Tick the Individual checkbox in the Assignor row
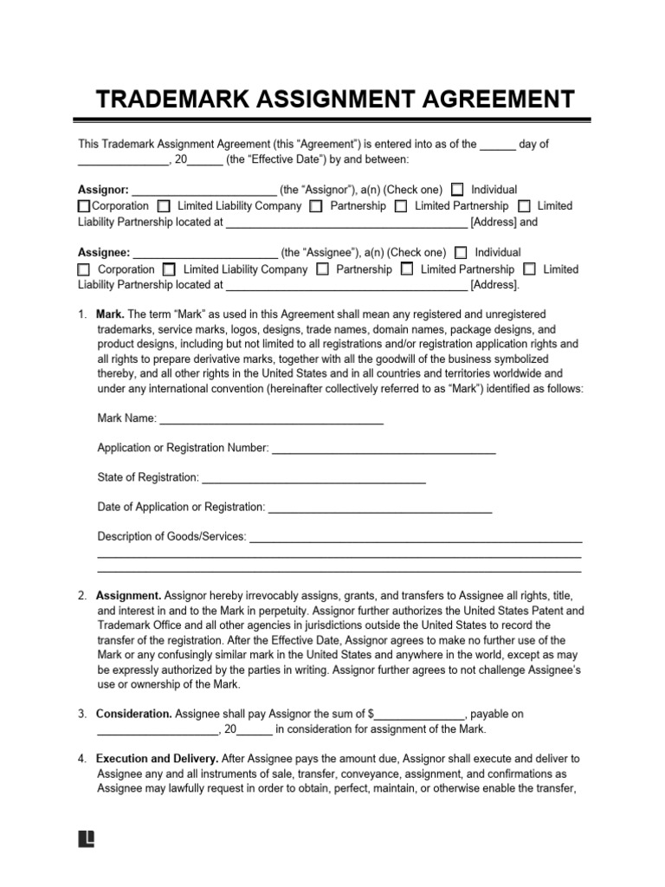pos(457,190)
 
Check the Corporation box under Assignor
pos(84,206)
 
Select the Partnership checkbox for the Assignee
pos(322,269)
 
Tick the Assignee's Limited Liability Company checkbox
pos(170,269)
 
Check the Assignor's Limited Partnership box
pos(401,206)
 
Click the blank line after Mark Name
pos(272,420)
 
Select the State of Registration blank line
pos(313,479)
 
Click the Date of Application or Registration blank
pos(380,508)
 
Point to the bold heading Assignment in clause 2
pos(128,596)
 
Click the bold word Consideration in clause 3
pos(133,715)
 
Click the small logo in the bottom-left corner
pos(86,838)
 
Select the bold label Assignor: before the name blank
pos(103,190)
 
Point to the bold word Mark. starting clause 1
pos(112,314)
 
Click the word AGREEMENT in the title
pos(488,100)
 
